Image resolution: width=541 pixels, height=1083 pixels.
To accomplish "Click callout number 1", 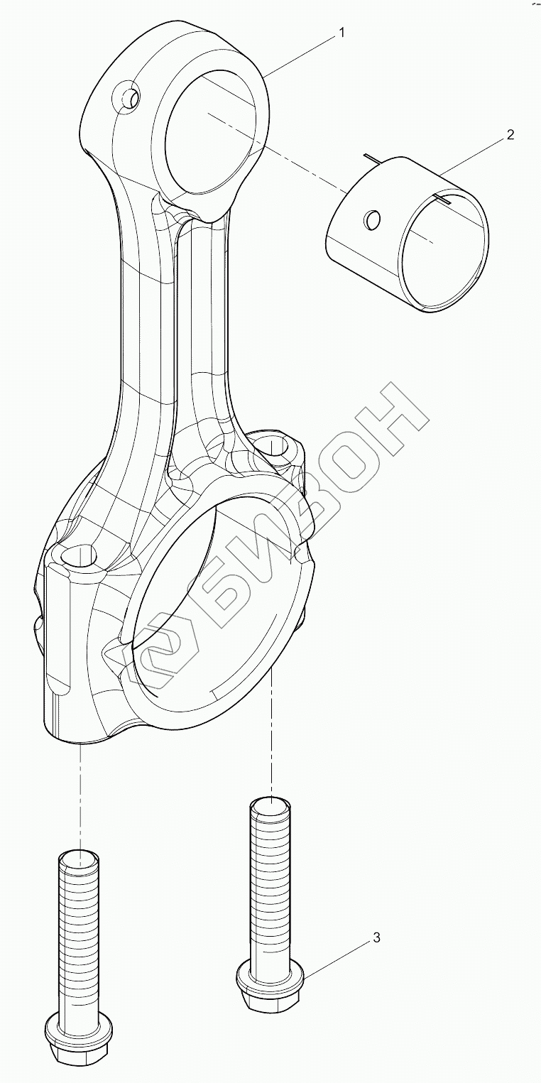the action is [342, 33].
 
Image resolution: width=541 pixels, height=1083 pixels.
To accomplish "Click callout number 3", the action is [376, 938].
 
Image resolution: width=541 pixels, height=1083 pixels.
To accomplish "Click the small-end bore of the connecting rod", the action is [209, 135].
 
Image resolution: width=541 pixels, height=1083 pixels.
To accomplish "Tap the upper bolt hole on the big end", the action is [273, 447].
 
